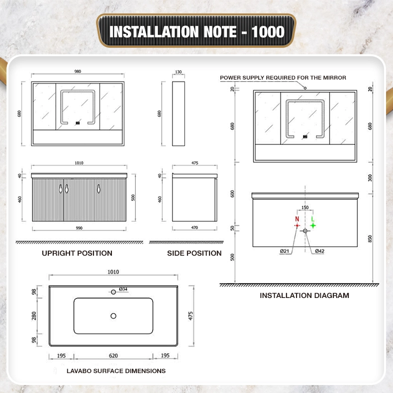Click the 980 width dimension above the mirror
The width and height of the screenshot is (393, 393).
coord(78,72)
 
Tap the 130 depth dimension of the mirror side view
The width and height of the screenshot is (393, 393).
coord(179,72)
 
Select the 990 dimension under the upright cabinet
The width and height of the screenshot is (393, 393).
coord(79,228)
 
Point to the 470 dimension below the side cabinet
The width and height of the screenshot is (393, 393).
coord(195,227)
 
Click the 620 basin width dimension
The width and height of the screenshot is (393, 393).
coord(113,356)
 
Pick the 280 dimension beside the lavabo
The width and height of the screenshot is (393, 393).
coord(34,316)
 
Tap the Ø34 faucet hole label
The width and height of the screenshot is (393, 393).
coord(123,289)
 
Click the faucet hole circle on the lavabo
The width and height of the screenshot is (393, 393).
coord(113,292)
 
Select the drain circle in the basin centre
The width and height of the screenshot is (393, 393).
coord(113,316)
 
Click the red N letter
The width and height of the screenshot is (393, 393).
coord(297,219)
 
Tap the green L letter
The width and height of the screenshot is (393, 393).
coord(312,219)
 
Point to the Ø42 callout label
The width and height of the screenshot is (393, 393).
coord(319,251)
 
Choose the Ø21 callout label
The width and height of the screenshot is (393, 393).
coord(285,251)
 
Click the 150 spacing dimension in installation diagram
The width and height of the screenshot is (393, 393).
coord(305,207)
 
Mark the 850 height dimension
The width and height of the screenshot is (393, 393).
coord(370,239)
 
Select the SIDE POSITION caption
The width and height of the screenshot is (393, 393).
coord(194,253)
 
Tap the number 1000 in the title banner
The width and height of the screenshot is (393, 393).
coord(268,32)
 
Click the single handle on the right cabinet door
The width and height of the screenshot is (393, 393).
coord(99,189)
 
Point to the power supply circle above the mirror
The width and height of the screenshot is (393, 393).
coord(305,88)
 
